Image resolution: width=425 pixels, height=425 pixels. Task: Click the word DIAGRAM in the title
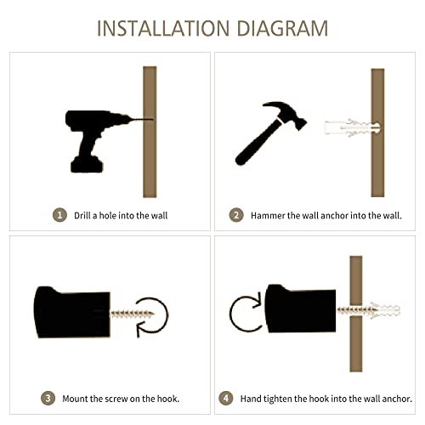[282, 28]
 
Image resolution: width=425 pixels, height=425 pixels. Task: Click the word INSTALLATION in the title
[163, 28]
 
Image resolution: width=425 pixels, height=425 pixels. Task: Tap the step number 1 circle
[59, 215]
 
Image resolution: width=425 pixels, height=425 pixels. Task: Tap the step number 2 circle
[236, 215]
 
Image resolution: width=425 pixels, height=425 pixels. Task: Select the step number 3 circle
[48, 398]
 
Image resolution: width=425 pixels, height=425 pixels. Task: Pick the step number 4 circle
[226, 398]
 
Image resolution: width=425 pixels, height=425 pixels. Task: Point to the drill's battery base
[87, 164]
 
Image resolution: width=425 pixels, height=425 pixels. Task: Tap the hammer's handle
[258, 143]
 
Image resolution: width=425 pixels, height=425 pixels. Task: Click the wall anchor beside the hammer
[352, 128]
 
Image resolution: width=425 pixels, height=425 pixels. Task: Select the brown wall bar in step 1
[150, 132]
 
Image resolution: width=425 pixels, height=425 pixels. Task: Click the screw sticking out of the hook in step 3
[132, 314]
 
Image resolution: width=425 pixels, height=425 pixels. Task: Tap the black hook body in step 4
[300, 309]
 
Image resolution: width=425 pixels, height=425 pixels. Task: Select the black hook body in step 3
[72, 312]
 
